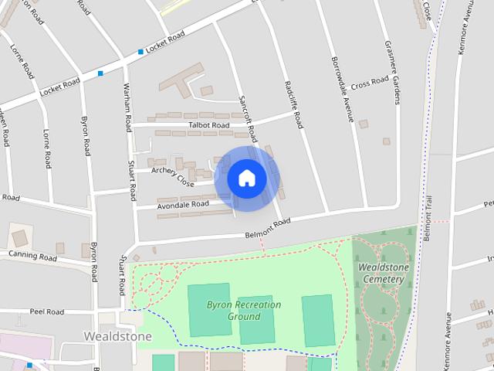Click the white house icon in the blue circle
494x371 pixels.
(247, 178)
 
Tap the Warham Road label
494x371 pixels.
(124, 107)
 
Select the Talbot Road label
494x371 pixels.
(209, 125)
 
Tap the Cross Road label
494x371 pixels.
(369, 81)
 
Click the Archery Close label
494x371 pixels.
(173, 176)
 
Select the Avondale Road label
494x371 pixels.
(184, 205)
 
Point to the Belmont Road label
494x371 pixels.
(267, 227)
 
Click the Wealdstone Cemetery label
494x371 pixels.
(383, 273)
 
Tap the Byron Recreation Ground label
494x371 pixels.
(244, 311)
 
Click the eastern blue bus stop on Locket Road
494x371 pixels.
(140, 52)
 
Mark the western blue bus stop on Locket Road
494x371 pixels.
(100, 73)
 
